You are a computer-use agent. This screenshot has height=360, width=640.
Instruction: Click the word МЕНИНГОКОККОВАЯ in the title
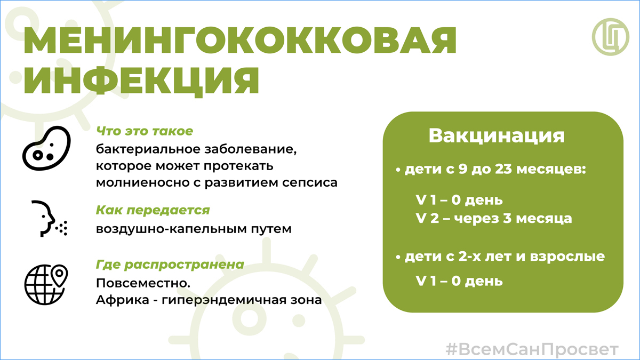click(x=240, y=41)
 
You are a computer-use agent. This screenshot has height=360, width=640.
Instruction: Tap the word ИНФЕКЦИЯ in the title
click(x=141, y=81)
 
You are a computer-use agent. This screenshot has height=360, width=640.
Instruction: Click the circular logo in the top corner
click(x=611, y=37)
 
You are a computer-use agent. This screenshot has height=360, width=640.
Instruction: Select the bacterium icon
click(x=46, y=148)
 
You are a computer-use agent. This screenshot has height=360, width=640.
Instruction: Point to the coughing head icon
click(x=49, y=219)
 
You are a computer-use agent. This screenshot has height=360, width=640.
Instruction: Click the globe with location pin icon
click(x=46, y=285)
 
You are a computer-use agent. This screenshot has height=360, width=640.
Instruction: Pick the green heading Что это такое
click(x=145, y=131)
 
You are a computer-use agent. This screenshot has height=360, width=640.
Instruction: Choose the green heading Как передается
click(x=153, y=210)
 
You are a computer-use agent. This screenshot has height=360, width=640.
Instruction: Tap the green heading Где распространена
click(x=170, y=265)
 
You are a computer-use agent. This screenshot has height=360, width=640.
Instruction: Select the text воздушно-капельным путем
click(x=194, y=229)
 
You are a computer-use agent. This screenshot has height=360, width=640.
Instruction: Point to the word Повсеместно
click(x=143, y=283)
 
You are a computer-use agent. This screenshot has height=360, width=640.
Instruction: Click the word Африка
click(x=123, y=300)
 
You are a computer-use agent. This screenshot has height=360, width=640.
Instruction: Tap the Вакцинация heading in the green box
click(x=497, y=135)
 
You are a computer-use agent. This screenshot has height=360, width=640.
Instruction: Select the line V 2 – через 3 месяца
click(x=494, y=219)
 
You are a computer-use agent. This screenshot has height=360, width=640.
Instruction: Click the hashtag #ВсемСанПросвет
click(x=532, y=349)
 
